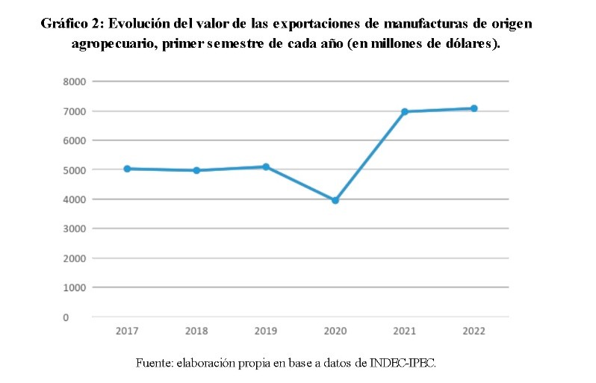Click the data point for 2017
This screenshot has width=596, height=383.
click(128, 169)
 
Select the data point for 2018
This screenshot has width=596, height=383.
click(196, 170)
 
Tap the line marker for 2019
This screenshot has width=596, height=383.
click(266, 166)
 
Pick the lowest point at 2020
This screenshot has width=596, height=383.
click(335, 200)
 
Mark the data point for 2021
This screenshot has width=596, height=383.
click(405, 112)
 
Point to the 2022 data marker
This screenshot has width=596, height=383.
click(474, 108)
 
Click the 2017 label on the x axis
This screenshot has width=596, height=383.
click(127, 331)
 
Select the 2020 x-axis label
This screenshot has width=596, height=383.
click(335, 331)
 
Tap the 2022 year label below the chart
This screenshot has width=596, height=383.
click(474, 331)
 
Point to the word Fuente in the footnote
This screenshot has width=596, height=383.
click(154, 364)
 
